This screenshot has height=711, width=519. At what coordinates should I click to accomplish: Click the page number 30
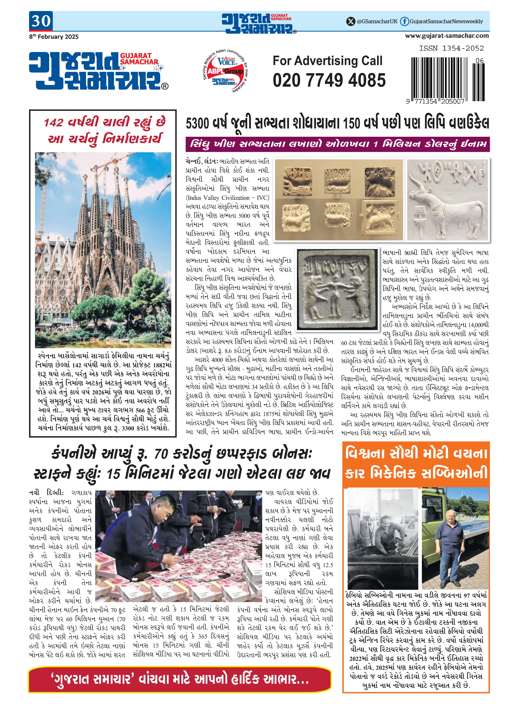pos(41,21)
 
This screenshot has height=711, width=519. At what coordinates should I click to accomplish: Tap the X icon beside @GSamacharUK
pos(350,21)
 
